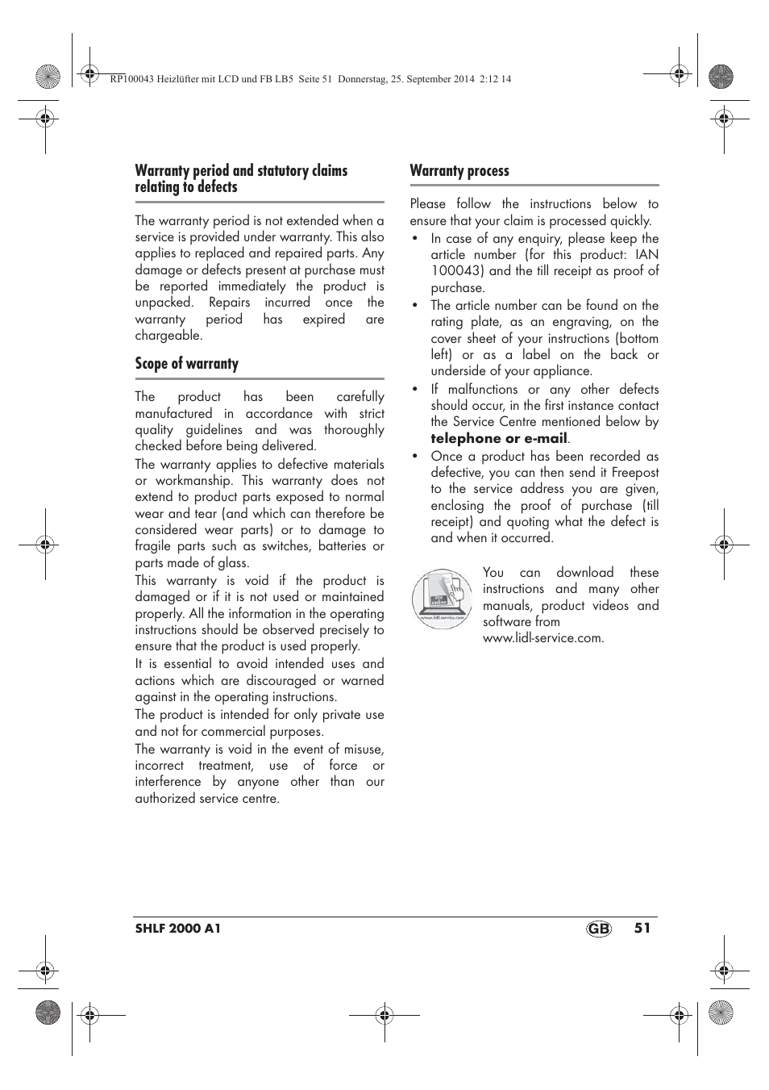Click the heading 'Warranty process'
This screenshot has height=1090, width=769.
pos(459,171)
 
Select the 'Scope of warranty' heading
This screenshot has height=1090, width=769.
pos(187,364)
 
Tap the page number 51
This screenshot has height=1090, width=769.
pos(642,928)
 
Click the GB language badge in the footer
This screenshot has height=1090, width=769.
pos(599,929)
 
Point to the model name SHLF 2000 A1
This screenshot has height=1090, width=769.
pos(178,929)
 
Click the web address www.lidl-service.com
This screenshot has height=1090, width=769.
pos(542,638)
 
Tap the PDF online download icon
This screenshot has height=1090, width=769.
pos(442,599)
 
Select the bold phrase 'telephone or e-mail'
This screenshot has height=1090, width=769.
pos(499,439)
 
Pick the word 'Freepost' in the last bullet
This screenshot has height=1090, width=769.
pos(635,473)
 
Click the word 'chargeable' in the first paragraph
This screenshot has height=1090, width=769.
pos(168,336)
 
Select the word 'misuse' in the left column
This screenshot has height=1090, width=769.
pos(363,750)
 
